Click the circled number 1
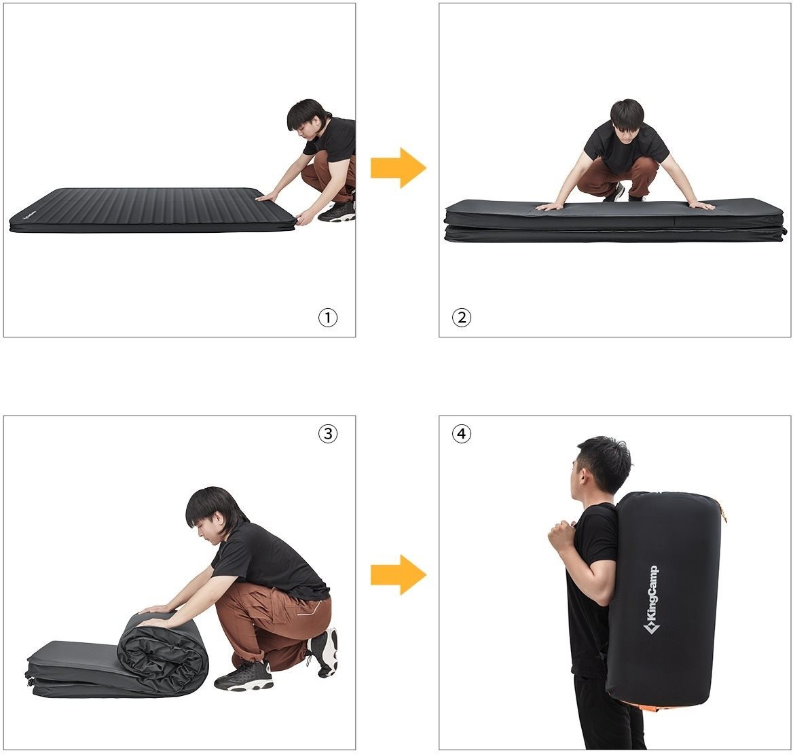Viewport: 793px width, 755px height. [x=328, y=318]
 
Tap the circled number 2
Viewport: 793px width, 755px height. [x=461, y=318]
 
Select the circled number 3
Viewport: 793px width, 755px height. [x=328, y=433]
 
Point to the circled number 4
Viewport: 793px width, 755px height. [x=461, y=433]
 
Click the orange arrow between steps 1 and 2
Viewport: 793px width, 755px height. [x=399, y=168]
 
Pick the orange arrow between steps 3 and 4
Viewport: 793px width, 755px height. [x=399, y=574]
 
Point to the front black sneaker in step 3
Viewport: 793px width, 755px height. [x=243, y=676]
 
